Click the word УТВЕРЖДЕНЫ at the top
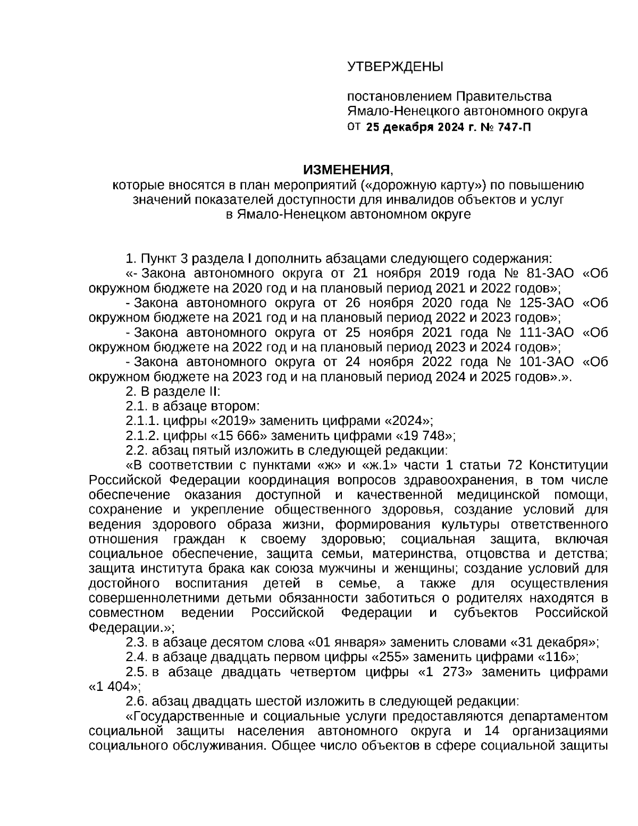tap(394, 66)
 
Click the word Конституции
tap(569, 465)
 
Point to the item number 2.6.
tap(137, 700)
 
